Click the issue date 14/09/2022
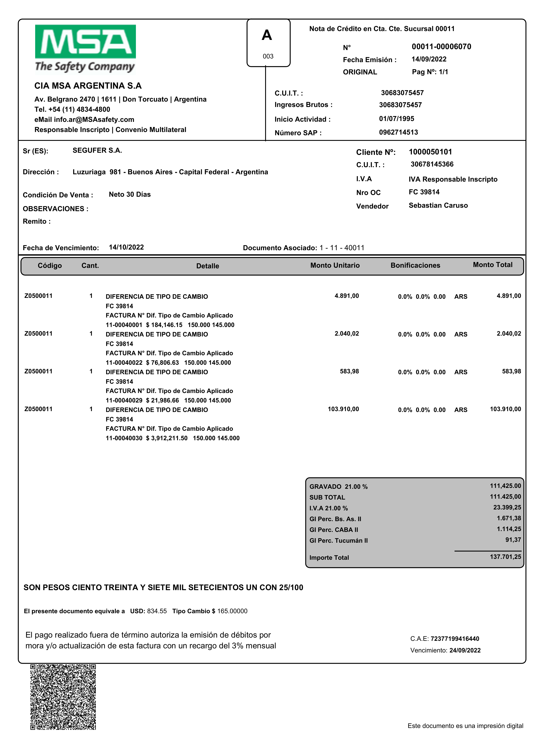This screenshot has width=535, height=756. click(429, 59)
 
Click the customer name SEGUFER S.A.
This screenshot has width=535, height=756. click(97, 151)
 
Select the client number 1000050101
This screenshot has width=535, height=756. click(430, 152)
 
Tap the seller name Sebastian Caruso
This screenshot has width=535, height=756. click(438, 206)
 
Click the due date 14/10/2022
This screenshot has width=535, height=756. click(126, 247)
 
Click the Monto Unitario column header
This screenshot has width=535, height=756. click(335, 266)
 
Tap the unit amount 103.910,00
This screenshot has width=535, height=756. click(343, 409)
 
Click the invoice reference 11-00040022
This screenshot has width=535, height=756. click(124, 363)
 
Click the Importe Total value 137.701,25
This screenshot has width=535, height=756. click(505, 557)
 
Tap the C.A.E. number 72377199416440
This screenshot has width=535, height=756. click(455, 639)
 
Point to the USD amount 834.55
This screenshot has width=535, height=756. click(157, 611)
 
